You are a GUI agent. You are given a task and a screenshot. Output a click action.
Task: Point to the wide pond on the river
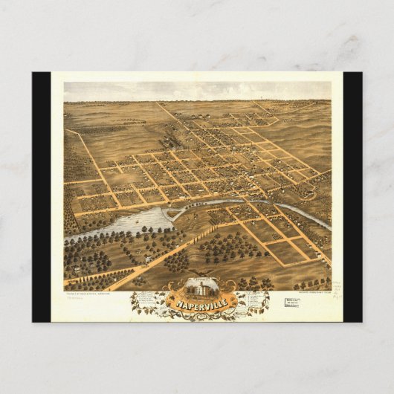coord(138,221)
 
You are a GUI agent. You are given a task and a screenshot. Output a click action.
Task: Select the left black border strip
coord(41,197)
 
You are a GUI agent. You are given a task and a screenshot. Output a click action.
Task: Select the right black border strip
coord(352,197)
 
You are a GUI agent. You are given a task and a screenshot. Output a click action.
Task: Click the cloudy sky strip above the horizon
coord(197,91)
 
